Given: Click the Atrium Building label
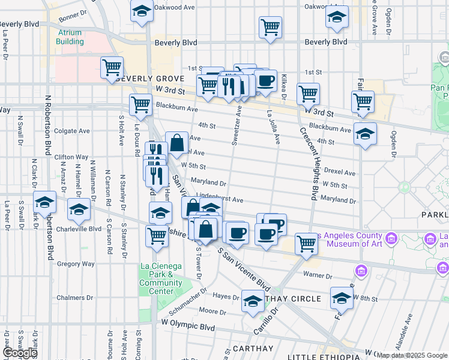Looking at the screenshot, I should coord(70,37).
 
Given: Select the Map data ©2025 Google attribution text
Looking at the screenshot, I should coord(412,355).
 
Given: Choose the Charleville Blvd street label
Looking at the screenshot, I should coord(79,229).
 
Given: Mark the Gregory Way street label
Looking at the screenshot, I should coord(76,263).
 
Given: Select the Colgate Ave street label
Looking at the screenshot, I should coord(71,131).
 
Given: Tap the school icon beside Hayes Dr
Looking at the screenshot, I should coord(253,302).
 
